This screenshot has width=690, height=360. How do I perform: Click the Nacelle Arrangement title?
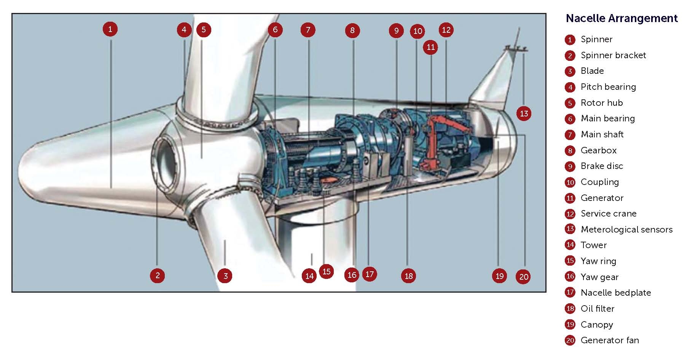(x=621, y=19)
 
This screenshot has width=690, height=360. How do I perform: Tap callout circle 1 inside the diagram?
(x=110, y=29)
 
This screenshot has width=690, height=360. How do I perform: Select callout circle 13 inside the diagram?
(x=524, y=113)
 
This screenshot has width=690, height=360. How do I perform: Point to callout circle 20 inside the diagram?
(x=524, y=277)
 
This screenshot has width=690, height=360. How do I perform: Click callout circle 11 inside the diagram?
(x=430, y=47)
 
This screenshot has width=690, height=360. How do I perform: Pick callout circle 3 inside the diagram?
(x=225, y=276)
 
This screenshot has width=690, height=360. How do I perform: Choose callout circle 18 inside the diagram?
(x=408, y=276)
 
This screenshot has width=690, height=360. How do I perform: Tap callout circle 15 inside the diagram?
(x=326, y=271)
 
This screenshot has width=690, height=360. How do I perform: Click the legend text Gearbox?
(x=598, y=150)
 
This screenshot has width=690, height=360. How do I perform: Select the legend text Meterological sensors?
(x=626, y=229)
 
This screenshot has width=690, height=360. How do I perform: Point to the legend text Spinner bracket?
(x=613, y=55)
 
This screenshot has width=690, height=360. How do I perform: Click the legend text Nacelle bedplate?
(x=616, y=293)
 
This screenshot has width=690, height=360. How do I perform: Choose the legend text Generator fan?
(x=610, y=340)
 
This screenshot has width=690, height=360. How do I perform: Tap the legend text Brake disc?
(x=602, y=166)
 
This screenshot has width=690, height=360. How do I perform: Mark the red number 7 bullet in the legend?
(x=570, y=135)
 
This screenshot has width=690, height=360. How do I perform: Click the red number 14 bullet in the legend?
(x=570, y=245)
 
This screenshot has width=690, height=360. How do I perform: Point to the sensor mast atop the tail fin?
(x=516, y=42)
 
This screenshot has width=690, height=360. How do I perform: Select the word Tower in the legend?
(x=593, y=245)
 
